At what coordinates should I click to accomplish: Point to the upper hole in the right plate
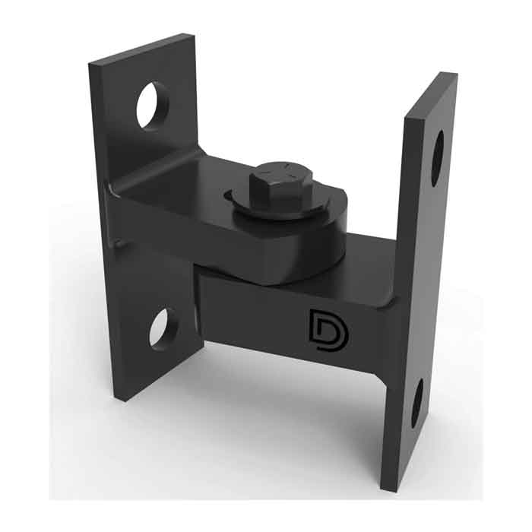(439, 158)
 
